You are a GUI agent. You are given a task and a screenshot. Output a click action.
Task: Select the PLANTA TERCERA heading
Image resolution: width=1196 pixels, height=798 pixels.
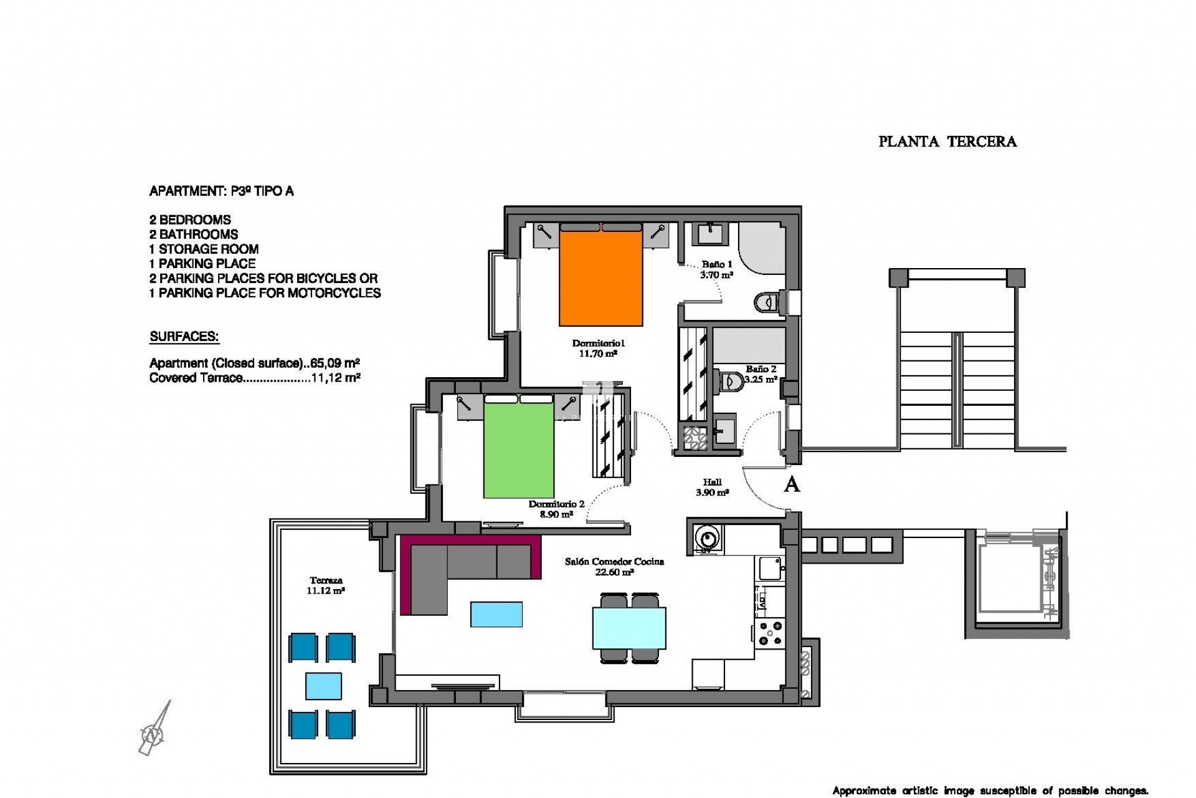947,142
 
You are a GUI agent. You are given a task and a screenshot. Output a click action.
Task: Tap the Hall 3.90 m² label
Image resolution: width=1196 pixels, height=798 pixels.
712,487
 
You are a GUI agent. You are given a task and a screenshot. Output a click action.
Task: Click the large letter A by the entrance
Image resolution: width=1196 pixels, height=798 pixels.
791,484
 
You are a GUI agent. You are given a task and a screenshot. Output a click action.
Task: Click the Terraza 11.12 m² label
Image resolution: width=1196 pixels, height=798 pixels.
325,585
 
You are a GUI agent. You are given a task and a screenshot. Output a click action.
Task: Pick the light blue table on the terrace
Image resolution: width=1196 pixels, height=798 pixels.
323,686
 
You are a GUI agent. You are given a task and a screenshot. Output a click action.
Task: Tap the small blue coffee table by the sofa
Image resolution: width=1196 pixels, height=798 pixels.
496,613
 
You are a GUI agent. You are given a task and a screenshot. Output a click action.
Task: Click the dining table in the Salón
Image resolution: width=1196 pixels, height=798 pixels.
629,628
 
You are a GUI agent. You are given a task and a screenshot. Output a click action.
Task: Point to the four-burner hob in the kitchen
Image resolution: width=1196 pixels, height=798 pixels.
770,632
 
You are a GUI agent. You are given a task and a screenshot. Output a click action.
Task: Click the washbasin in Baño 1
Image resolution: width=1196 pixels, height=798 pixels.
709,234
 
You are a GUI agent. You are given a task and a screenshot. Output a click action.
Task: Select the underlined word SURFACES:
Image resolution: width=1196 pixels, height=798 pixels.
184,337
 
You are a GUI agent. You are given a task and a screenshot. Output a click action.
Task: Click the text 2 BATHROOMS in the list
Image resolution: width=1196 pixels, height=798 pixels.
194,234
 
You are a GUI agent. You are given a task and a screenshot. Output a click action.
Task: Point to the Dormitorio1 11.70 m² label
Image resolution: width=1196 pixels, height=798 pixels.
597,348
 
